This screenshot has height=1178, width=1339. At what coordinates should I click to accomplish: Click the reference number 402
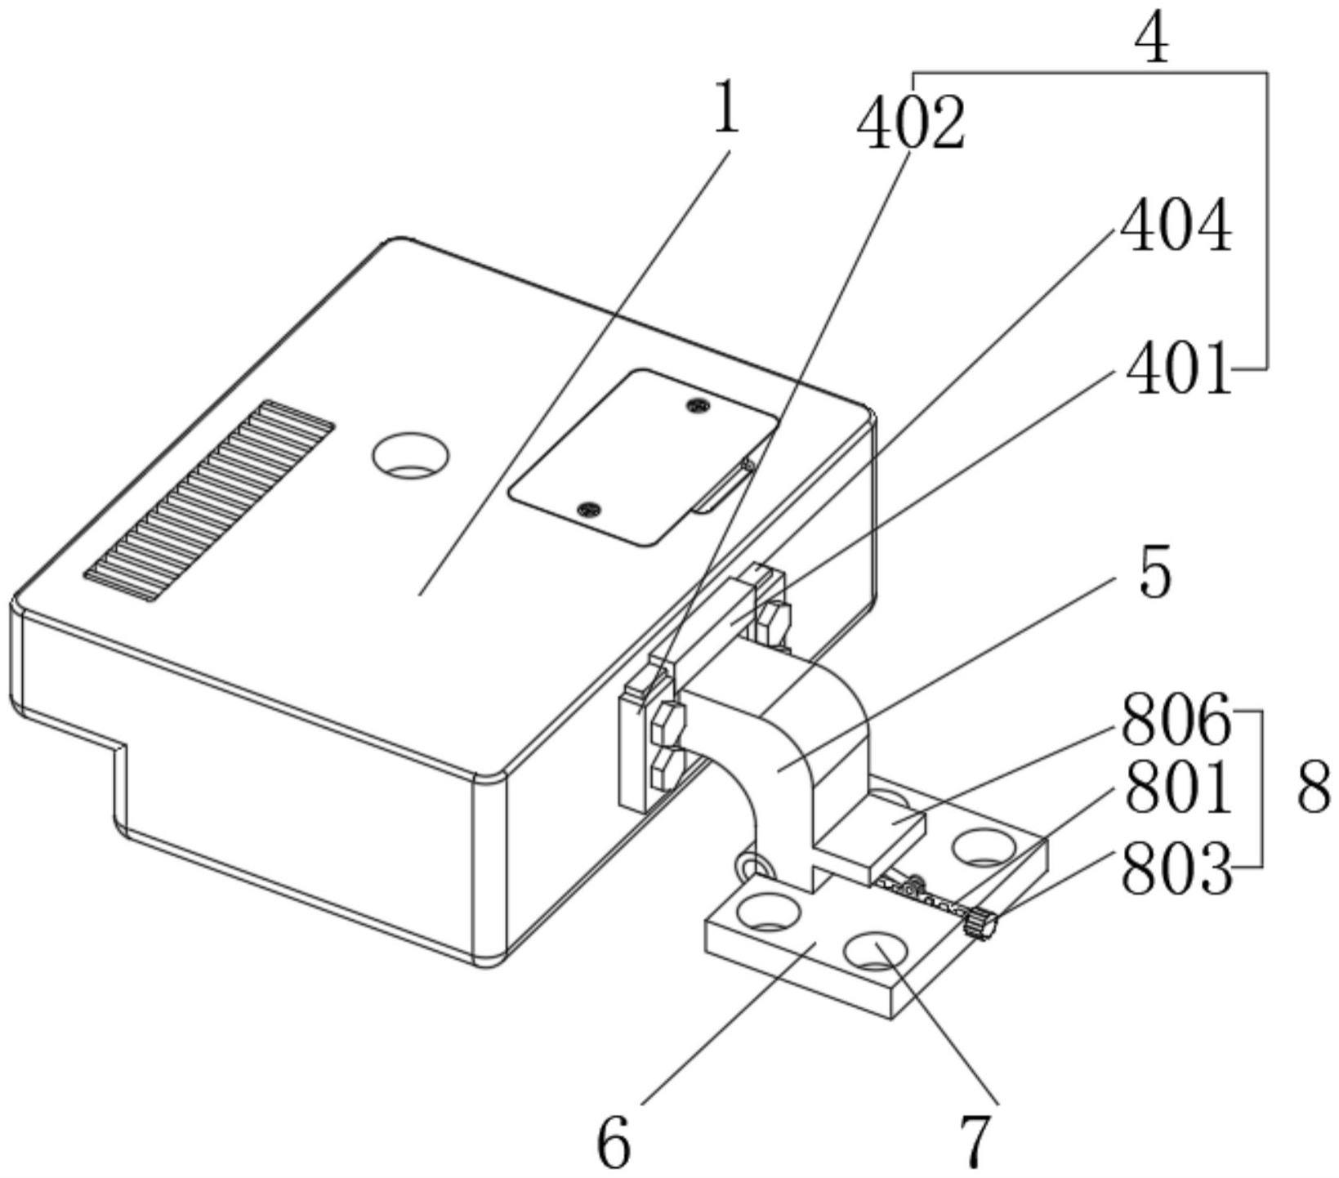tap(911, 123)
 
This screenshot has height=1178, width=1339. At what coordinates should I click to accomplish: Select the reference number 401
tap(1178, 368)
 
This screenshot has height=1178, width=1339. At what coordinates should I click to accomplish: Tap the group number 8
tap(1314, 788)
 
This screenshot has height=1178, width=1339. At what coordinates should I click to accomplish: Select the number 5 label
tap(1154, 574)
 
